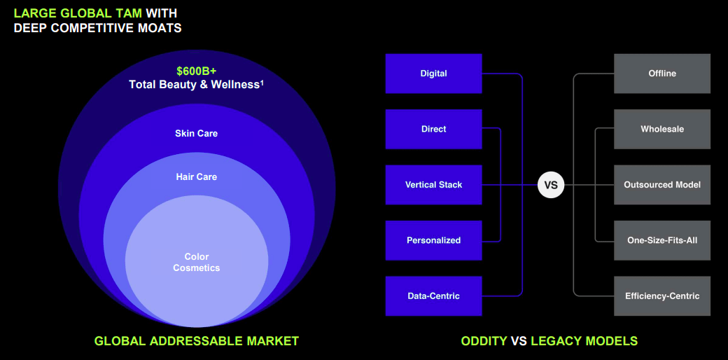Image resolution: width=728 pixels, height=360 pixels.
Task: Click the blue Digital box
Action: pos(433,74)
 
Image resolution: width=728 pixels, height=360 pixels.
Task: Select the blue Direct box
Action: pos(433,129)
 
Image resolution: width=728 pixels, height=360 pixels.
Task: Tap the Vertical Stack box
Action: pos(433,185)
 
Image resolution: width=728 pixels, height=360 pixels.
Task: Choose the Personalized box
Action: pos(433,240)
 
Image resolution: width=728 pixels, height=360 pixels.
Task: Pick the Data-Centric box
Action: pos(433,296)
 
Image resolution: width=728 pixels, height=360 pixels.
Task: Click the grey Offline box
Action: pos(661,74)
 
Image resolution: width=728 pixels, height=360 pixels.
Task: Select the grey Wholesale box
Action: pos(661,129)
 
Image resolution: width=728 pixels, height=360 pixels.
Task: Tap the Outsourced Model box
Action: pos(661,185)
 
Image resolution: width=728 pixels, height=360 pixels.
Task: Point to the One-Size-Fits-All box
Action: pos(661,240)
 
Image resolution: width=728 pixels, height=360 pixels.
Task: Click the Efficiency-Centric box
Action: pos(661,296)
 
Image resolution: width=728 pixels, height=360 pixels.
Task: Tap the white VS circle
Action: pos(551,185)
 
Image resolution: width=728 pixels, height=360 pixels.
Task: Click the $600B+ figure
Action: pos(196,71)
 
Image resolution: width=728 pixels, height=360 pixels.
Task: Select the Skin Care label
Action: pos(196,133)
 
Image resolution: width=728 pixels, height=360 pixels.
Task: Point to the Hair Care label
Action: pos(196,176)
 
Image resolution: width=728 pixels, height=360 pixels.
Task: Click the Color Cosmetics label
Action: pos(197,262)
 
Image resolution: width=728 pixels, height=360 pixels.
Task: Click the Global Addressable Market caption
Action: pos(197,341)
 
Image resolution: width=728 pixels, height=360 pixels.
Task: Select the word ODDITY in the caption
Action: pos(484,341)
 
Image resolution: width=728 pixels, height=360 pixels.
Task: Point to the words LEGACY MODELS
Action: pos(584,341)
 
